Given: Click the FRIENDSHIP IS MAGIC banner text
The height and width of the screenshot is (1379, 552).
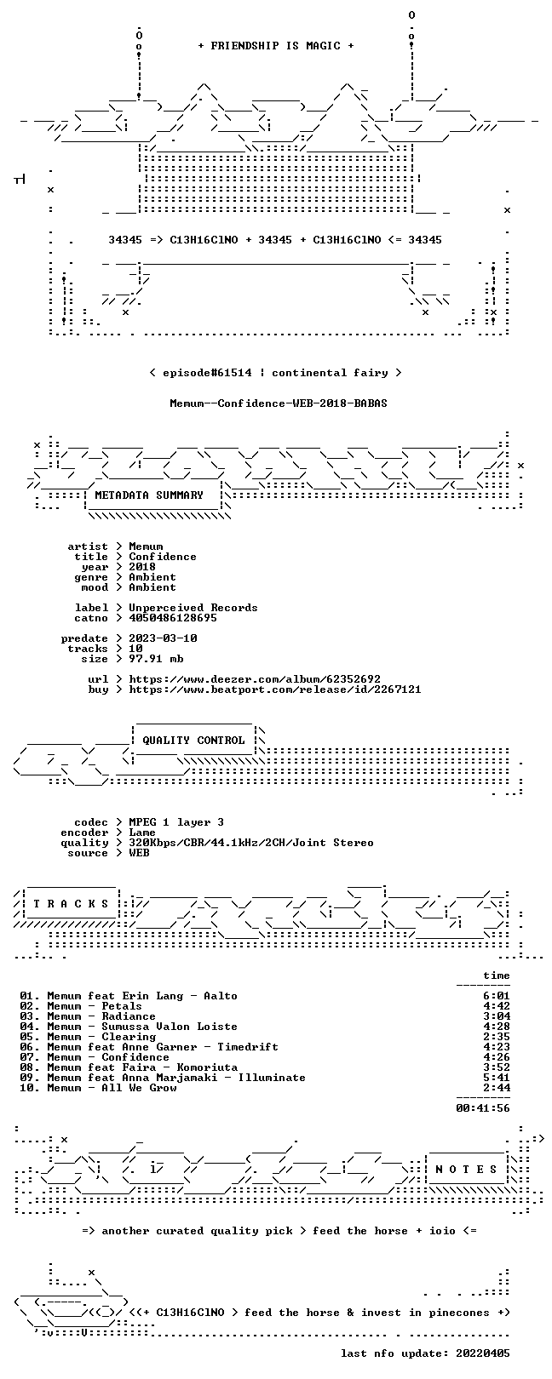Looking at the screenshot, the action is tap(276, 46).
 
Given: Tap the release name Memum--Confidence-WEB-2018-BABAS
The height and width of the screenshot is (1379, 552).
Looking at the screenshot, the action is tap(279, 403).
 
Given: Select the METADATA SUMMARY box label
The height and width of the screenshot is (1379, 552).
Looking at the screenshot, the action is tap(149, 495).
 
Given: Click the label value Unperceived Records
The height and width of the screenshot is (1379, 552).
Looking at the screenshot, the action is tap(193, 608).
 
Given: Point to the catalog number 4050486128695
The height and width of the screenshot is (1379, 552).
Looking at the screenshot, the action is tap(172, 618).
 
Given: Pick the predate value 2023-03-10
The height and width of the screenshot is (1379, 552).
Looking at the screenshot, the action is tap(163, 638).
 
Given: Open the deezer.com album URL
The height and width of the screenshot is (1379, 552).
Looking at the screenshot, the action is tap(255, 679).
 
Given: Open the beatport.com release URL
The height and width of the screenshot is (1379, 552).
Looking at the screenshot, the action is tap(275, 689).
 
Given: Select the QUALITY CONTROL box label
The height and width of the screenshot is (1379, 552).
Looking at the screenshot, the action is tap(193, 741).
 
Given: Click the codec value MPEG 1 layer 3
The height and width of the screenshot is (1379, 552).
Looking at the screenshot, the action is tap(176, 822).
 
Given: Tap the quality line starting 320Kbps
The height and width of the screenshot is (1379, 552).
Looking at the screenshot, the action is tap(250, 843).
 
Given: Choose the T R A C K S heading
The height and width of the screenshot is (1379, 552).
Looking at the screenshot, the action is tap(71, 904).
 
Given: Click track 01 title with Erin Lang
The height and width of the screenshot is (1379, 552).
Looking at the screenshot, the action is tap(142, 996).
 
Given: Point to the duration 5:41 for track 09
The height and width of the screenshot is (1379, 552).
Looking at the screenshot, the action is tap(497, 1078).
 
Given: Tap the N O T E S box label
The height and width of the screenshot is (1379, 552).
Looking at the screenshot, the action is tap(466, 1169).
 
